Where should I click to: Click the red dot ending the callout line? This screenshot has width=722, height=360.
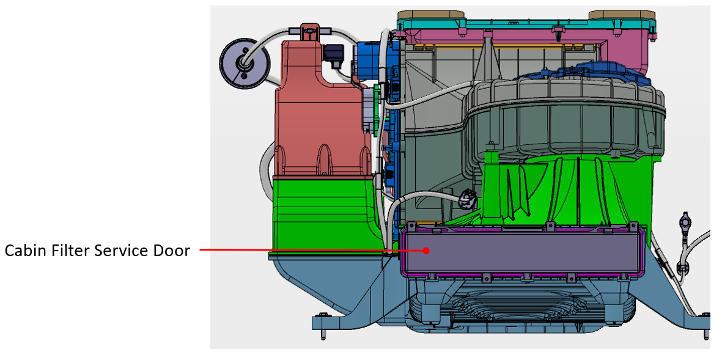point(426,251)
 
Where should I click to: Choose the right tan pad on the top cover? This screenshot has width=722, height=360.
point(622,15)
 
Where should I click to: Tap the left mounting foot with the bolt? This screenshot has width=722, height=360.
point(322,321)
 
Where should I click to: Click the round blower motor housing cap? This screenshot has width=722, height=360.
point(565,117)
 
